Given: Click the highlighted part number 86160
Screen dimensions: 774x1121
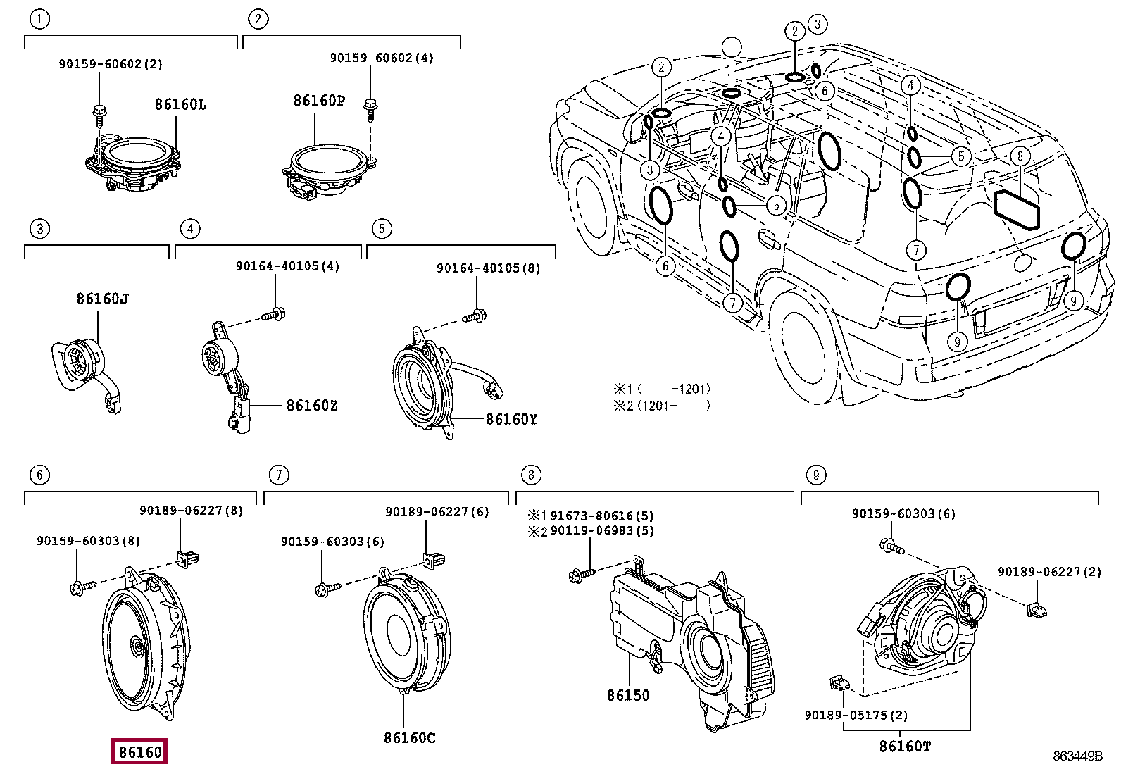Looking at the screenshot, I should tap(140, 751).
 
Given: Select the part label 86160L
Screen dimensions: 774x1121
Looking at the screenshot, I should tap(180, 105).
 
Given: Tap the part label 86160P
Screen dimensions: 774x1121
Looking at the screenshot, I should tap(319, 101).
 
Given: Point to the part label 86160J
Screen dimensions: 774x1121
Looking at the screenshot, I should tap(102, 299).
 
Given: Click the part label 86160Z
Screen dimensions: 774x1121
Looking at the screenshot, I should tap(311, 406).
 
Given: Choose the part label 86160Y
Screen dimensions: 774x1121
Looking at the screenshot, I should tap(511, 420).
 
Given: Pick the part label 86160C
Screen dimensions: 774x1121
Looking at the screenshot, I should tap(409, 737).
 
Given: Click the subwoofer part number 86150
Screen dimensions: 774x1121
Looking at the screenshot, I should tap(628, 695).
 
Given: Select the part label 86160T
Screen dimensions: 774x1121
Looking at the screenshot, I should tap(905, 745).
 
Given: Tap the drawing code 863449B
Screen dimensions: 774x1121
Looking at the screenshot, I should tap(1077, 756).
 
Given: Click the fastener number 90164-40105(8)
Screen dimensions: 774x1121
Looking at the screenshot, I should tap(488, 268).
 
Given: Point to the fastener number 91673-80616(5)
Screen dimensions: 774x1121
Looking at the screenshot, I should tap(601, 516).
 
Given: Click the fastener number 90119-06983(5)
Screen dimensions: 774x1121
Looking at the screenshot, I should tap(601, 530).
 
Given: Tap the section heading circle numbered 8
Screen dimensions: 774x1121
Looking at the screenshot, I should tap(530, 475).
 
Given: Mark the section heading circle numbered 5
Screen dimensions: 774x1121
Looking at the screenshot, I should tap(381, 228).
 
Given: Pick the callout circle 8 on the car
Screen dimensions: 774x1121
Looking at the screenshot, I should tap(1019, 156).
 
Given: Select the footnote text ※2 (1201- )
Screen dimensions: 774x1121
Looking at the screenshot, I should tap(661, 405).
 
